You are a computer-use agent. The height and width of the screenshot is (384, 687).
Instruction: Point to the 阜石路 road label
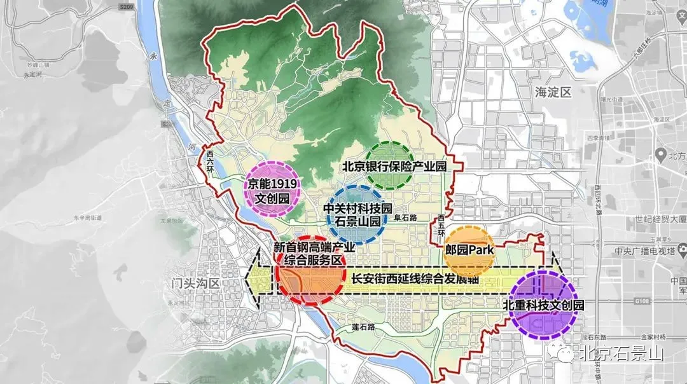pyautogui.click(x=404, y=217)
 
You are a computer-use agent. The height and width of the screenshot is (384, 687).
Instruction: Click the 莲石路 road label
pyautogui.click(x=363, y=327)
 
